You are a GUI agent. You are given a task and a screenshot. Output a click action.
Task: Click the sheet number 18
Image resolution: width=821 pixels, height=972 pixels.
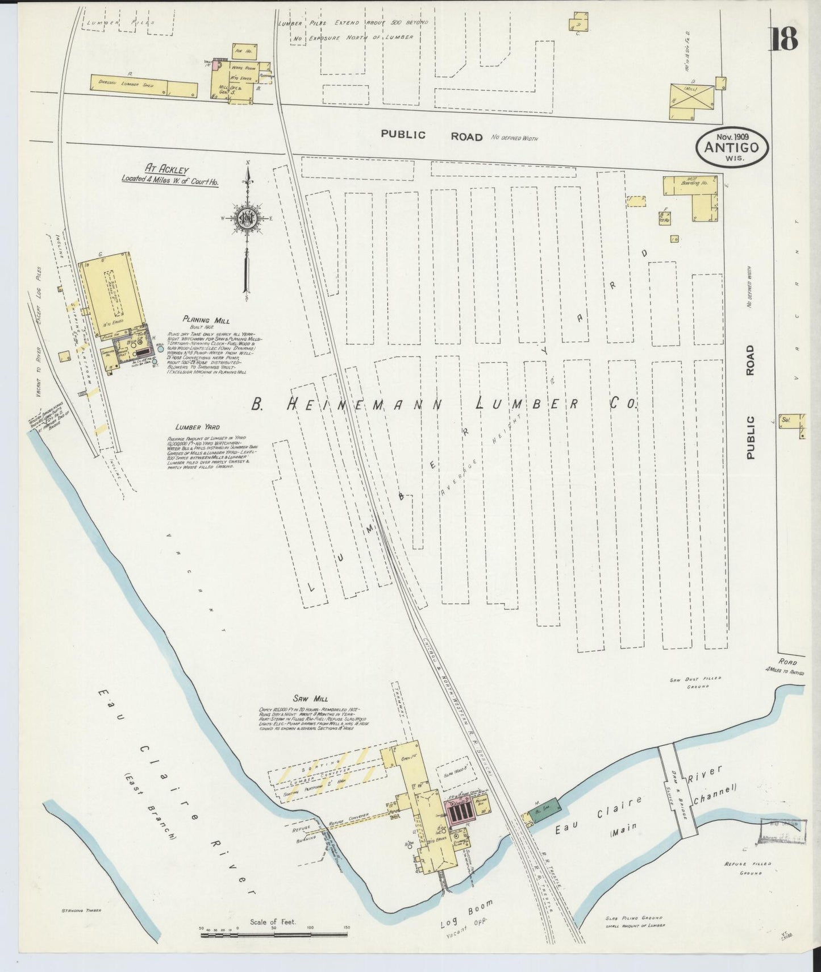(x=785, y=39)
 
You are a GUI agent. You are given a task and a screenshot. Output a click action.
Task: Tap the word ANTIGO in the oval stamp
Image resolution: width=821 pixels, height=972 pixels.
(x=732, y=146)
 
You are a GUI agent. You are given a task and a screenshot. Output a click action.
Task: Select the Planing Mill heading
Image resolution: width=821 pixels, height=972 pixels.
(x=197, y=319)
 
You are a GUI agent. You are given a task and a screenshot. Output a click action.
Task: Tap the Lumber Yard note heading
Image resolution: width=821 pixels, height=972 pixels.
(x=189, y=426)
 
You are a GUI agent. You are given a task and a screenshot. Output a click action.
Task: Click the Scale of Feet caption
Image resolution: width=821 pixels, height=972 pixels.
(x=274, y=922)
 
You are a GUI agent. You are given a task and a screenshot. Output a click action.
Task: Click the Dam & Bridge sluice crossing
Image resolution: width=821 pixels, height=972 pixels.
(x=676, y=790)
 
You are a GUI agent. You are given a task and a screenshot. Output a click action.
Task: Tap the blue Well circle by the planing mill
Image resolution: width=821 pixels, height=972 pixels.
(x=161, y=349)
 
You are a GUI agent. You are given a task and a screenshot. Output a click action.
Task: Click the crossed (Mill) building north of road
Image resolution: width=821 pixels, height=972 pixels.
(x=691, y=100)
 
